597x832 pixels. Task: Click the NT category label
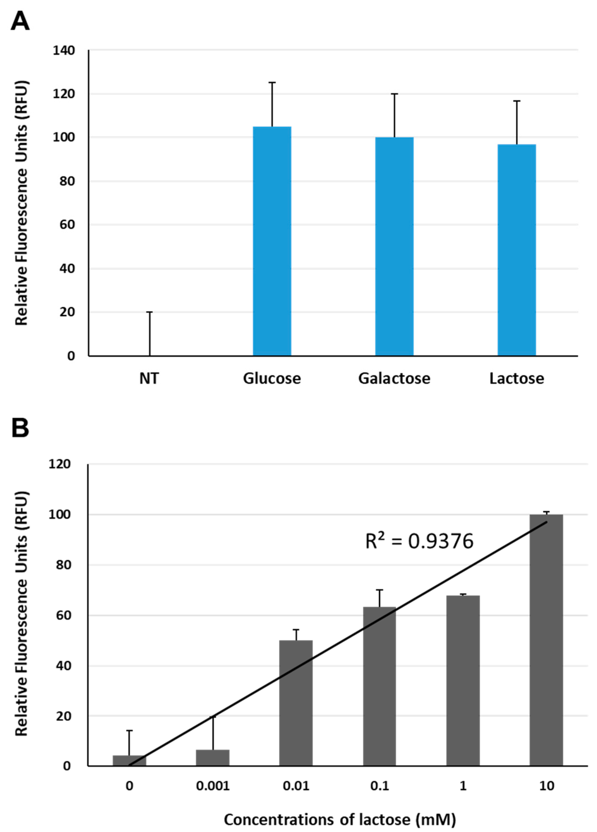(149, 378)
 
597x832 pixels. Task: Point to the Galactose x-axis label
(394, 378)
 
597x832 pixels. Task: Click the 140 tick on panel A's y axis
(64, 50)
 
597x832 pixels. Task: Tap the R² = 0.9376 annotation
(419, 542)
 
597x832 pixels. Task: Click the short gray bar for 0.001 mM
(213, 758)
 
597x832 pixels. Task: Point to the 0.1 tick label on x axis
(380, 786)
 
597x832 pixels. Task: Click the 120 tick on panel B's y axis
(60, 464)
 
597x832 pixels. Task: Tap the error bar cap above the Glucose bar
(272, 83)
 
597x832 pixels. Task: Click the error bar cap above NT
(149, 312)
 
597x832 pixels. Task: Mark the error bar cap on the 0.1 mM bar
(380, 590)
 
